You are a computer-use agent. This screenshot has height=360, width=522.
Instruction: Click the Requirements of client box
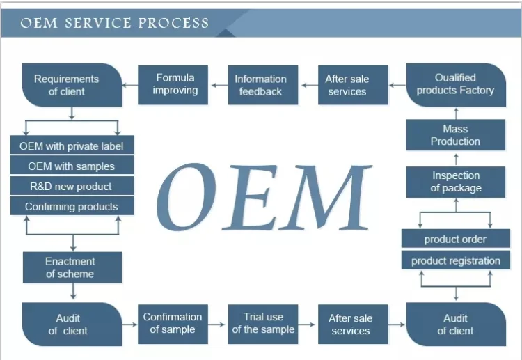point(72,85)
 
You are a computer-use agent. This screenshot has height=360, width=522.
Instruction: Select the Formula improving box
point(173,85)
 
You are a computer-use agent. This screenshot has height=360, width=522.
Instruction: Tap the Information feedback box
point(263,85)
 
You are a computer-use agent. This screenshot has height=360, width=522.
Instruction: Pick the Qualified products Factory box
point(456,85)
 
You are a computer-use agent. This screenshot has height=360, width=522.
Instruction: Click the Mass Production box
point(456,135)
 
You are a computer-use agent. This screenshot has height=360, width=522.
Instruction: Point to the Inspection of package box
point(456,182)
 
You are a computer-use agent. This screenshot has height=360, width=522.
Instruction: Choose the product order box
point(456,238)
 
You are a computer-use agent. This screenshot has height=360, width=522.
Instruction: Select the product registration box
point(456,260)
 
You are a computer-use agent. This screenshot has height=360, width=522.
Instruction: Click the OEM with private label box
point(72,145)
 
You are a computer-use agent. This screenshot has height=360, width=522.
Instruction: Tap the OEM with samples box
point(72,165)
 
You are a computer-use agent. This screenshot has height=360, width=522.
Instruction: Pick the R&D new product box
point(72,185)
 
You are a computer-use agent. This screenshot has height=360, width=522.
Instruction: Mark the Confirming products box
point(72,206)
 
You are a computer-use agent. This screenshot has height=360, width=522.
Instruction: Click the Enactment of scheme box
point(72,267)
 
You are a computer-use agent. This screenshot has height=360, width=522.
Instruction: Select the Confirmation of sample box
point(173,324)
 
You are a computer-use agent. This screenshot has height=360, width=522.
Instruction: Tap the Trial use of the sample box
point(263,324)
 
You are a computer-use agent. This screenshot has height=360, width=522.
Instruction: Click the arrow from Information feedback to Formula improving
point(220,85)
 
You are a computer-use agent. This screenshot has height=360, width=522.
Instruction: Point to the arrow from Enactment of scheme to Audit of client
point(73,291)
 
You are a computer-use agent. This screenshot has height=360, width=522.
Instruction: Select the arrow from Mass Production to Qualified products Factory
point(456,114)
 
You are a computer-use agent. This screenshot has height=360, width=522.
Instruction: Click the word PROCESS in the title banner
point(173,23)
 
